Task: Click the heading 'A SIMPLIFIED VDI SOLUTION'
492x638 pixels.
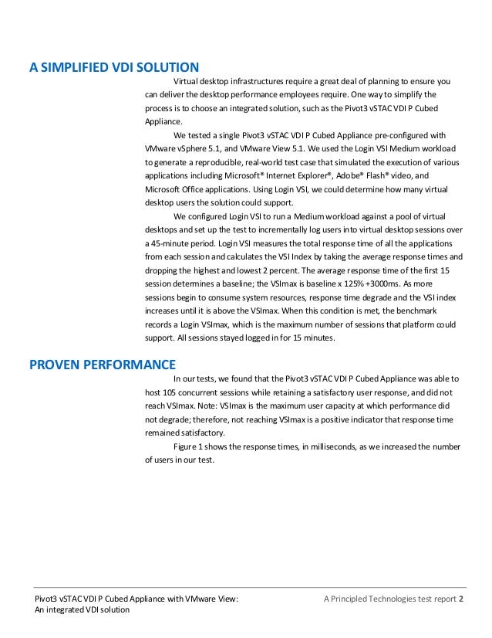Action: click(x=114, y=66)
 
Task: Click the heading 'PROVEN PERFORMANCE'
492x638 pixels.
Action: click(x=103, y=364)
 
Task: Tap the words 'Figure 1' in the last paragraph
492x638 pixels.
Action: click(x=190, y=447)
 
